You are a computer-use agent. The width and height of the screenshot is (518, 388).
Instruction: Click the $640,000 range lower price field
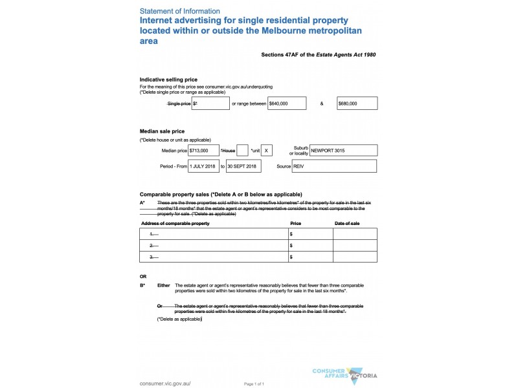(287, 103)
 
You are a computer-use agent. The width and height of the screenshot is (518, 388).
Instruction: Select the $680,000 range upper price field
(357, 103)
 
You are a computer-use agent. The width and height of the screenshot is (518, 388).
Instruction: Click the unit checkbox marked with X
(267, 150)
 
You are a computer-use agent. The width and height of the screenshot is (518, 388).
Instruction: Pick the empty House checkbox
(243, 150)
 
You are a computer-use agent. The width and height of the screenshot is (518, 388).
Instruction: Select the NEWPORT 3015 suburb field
(343, 150)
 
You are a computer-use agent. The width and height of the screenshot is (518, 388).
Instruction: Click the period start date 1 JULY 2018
(204, 166)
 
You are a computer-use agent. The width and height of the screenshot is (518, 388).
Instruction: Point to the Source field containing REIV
(334, 166)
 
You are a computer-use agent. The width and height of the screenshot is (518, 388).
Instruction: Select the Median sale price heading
(162, 131)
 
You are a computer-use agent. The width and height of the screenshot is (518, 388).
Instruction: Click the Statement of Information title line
(180, 11)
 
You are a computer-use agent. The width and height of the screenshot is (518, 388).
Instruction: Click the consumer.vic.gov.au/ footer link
(165, 383)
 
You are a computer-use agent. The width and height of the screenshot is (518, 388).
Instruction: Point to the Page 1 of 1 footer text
(254, 384)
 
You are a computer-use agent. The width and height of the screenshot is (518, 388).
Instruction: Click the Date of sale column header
(346, 223)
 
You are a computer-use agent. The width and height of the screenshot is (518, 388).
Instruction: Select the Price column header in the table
(296, 223)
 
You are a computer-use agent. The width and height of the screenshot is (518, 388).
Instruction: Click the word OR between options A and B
(143, 276)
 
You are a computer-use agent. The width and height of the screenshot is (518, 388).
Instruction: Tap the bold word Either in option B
(164, 285)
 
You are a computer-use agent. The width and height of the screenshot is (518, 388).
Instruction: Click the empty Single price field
(211, 103)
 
